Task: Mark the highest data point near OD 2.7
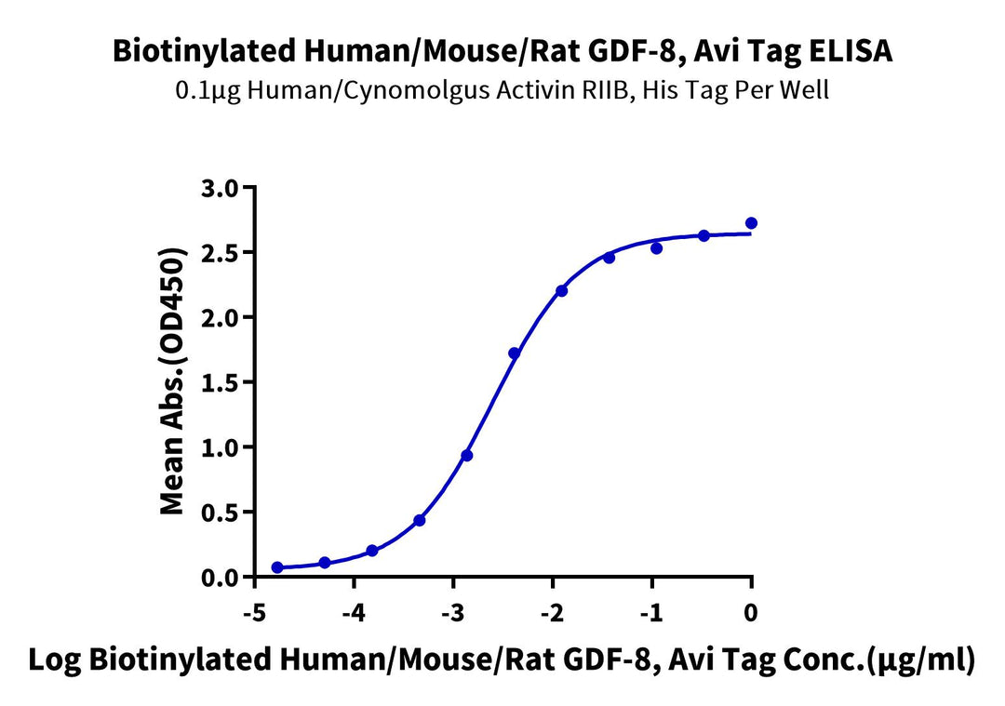coord(751,223)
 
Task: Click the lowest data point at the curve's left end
coord(277,567)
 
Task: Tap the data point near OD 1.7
coord(515,353)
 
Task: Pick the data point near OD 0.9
coord(467,456)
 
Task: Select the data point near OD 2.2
coord(562,291)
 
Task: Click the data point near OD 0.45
coord(420,520)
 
